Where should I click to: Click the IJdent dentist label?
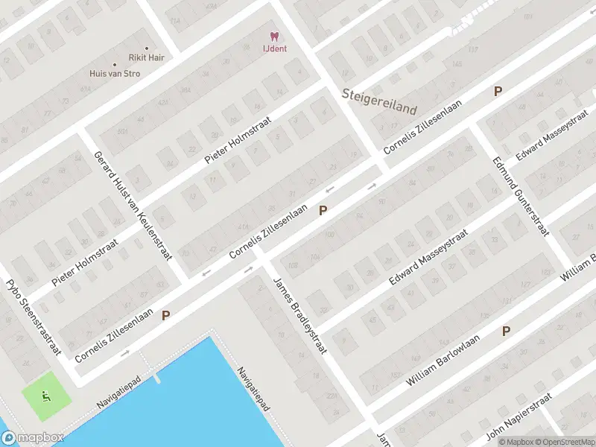(274, 49)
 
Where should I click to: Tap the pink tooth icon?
(274, 37)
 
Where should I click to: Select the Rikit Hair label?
(146, 57)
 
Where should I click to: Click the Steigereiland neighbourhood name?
(379, 101)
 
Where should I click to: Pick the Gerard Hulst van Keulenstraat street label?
(132, 204)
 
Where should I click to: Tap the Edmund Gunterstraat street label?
(520, 196)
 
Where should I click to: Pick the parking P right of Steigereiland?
(498, 92)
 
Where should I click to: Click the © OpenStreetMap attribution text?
(570, 442)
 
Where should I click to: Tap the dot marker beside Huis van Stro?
(114, 65)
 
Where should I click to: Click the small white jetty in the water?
(156, 378)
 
